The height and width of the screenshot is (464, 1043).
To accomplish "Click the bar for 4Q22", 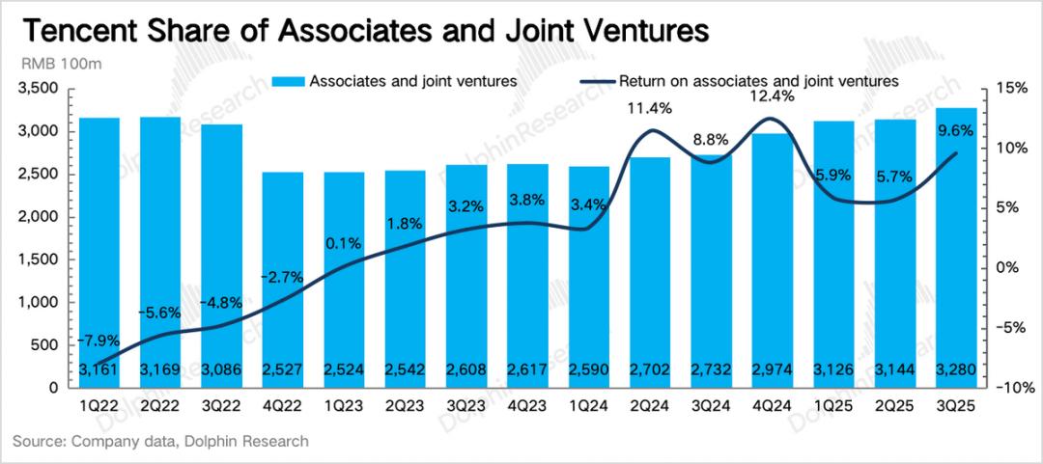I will [283, 280].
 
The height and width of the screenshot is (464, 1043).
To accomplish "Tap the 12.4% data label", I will [771, 96].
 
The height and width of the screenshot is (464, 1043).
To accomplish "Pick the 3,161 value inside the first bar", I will [99, 369].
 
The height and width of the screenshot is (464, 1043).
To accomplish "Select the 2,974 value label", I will [771, 369].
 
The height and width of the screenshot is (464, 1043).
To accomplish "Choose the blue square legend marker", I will [289, 81].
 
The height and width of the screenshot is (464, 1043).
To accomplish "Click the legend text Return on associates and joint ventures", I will [759, 81].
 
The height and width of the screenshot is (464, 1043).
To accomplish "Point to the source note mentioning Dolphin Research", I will [160, 441].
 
